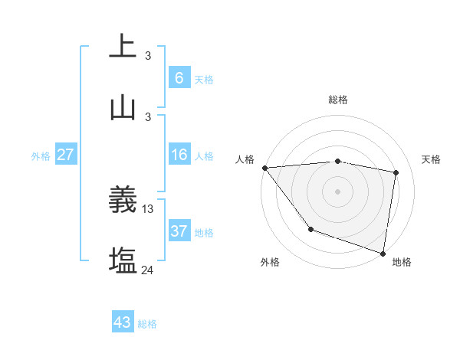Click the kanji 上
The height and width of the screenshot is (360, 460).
click(123, 46)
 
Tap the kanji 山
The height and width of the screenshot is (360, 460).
click(123, 108)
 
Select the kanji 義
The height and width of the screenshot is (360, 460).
click(123, 201)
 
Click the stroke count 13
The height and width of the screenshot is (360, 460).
click(148, 208)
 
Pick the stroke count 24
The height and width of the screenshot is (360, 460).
click(148, 270)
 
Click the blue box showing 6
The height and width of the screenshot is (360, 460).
click(179, 77)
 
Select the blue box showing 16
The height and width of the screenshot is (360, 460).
click(179, 155)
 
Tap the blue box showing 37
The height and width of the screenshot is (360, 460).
click(179, 231)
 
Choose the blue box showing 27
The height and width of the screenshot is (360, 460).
click(66, 155)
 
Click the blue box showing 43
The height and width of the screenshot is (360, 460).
click(123, 322)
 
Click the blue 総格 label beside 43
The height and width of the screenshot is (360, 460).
click(147, 324)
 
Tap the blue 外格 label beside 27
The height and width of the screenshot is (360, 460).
click(41, 156)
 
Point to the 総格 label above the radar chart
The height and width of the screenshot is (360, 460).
click(338, 100)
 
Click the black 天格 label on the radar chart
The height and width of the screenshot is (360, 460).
click(432, 159)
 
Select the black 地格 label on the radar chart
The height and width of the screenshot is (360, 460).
click(402, 262)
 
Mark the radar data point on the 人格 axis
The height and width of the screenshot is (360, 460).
click(264, 168)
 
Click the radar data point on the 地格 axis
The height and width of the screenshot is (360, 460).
click(383, 253)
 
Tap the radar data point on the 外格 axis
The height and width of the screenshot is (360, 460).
click(310, 229)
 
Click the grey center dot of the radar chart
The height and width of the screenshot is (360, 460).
click(338, 191)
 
